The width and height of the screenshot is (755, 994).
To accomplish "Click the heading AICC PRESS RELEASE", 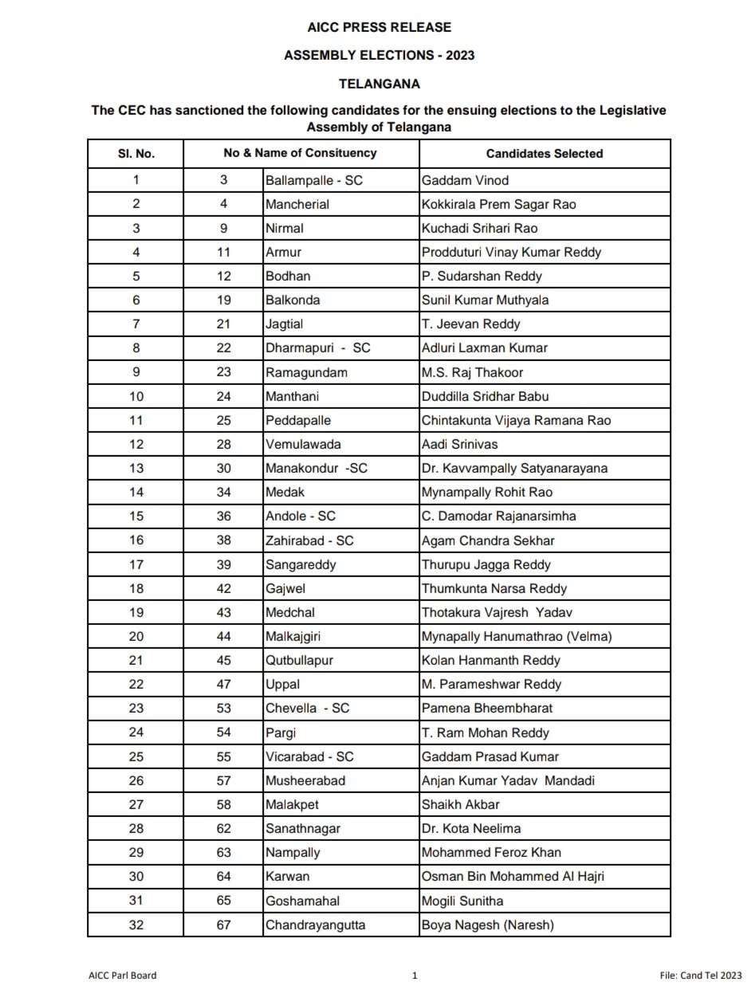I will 379,28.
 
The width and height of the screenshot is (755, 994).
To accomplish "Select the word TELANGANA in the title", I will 379,83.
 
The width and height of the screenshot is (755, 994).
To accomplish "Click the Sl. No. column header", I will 136,153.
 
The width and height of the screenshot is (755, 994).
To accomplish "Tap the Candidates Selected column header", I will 545,153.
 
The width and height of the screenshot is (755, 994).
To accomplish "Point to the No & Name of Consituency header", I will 300,152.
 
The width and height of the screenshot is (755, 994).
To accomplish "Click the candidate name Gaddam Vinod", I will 465,180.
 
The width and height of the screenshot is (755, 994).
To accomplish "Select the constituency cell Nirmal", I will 285,228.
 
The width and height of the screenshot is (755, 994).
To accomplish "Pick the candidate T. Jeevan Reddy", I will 470,324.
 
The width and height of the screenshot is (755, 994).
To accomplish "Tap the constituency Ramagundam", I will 306,372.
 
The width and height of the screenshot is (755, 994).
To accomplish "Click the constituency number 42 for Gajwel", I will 224,588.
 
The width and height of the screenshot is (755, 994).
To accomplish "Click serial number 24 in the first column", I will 136,733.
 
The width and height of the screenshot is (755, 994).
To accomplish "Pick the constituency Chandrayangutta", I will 316,925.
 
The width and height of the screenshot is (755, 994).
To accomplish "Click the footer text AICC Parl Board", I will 123,975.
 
